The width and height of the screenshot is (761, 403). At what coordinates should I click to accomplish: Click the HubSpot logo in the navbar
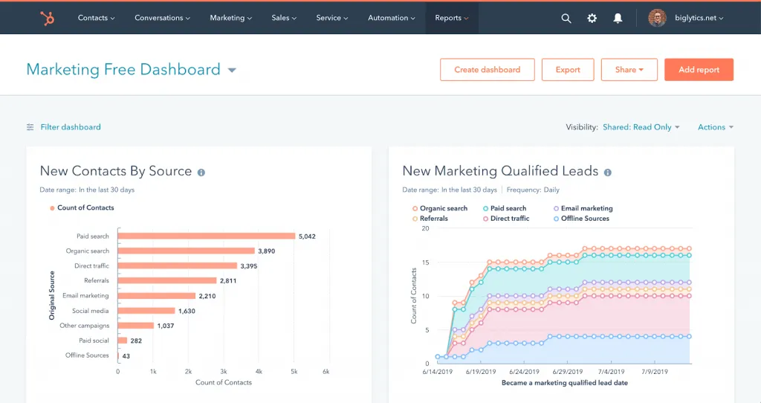[47, 18]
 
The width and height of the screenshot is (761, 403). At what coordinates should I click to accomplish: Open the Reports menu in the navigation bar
[451, 18]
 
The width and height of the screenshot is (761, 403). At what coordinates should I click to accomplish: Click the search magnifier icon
[566, 19]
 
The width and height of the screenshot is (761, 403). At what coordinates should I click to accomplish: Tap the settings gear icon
[592, 19]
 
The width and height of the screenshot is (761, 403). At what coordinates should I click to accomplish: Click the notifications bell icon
[618, 19]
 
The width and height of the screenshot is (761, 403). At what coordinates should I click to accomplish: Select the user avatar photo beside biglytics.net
[657, 18]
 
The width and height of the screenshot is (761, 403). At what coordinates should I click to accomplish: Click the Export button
[568, 70]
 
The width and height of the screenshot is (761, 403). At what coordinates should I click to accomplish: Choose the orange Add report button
[699, 70]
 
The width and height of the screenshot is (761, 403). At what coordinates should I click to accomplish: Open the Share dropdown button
[629, 70]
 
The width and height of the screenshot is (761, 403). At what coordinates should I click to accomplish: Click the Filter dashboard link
[70, 127]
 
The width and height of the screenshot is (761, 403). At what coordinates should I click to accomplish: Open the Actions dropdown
[715, 127]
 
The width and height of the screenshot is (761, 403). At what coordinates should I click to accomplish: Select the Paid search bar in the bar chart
[206, 236]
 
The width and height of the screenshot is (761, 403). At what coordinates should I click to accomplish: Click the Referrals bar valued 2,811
[166, 281]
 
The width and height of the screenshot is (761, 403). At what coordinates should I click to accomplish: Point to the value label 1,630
[187, 311]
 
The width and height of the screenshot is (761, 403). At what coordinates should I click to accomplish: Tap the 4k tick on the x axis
[259, 370]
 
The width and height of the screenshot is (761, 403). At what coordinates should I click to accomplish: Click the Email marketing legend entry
[586, 208]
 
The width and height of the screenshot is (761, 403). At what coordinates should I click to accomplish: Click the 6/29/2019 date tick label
[568, 371]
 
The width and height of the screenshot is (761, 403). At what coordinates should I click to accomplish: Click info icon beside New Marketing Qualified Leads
[607, 173]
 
